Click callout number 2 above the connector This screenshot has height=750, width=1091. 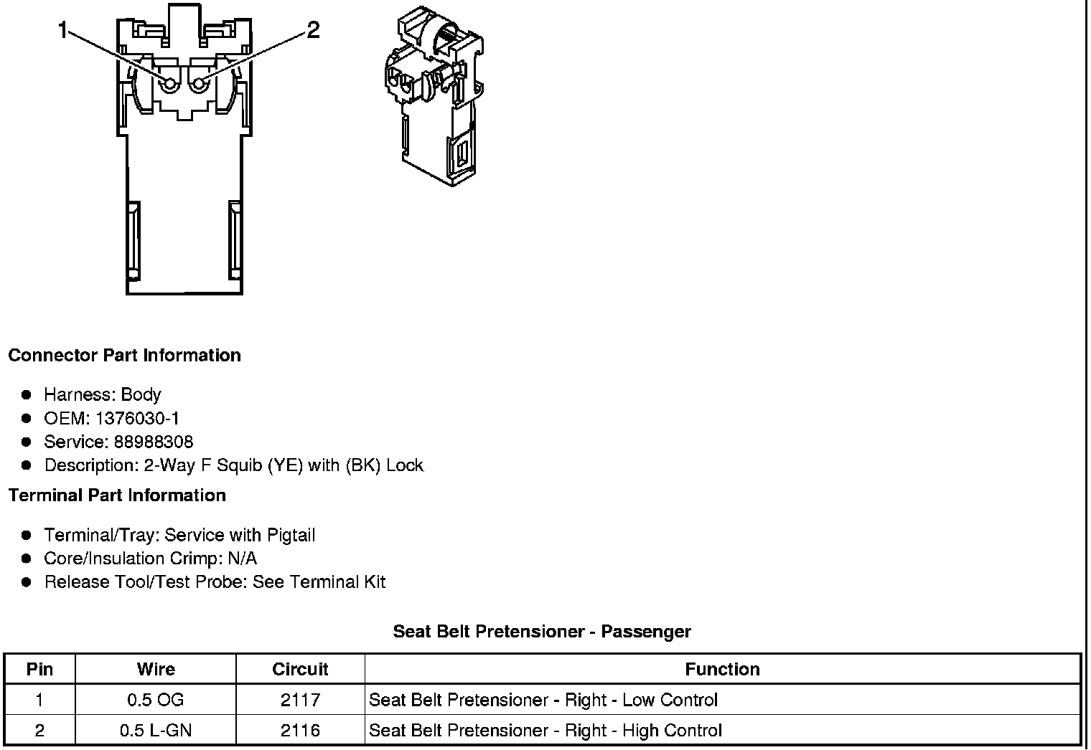[x=313, y=30]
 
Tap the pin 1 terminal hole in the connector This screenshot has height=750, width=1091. [x=170, y=85]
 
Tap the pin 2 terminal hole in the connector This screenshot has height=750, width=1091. [x=197, y=85]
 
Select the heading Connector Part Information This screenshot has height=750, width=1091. [x=124, y=356]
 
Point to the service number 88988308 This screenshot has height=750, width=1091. [x=153, y=442]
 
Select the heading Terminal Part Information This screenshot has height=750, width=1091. [x=117, y=495]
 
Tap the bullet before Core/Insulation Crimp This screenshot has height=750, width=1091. [x=27, y=559]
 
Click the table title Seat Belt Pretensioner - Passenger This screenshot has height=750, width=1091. [x=542, y=632]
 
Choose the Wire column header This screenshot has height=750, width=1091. [x=156, y=669]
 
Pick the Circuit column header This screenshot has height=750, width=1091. [x=300, y=669]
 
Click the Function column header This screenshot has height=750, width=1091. [x=722, y=669]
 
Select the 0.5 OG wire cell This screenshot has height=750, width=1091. [x=156, y=700]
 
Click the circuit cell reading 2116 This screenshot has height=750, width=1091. [x=300, y=731]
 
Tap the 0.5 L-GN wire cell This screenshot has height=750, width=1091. [x=156, y=731]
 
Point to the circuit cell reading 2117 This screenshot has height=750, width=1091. [x=300, y=700]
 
